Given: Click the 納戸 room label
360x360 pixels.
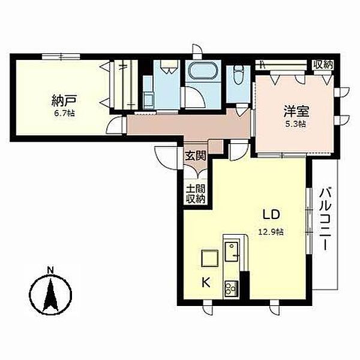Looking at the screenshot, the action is pyautogui.click(x=64, y=101).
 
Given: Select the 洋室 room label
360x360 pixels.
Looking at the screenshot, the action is pyautogui.click(x=296, y=112).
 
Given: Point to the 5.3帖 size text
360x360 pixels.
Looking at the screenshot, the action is pyautogui.click(x=297, y=124).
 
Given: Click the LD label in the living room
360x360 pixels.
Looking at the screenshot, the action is pyautogui.click(x=271, y=215).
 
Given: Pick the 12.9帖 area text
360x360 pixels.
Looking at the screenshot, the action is pyautogui.click(x=271, y=232).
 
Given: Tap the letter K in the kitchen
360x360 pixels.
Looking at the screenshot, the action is pyautogui.click(x=206, y=283).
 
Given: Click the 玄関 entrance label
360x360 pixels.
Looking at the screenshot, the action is pyautogui.click(x=196, y=157).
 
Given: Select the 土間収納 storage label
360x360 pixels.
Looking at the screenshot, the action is pyautogui.click(x=196, y=194).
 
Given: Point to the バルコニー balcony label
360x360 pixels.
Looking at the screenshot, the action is pyautogui.click(x=325, y=219).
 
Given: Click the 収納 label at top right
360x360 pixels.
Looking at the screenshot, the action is pyautogui.click(x=323, y=65).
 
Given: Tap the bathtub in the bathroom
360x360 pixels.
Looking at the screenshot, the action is pyautogui.click(x=203, y=70).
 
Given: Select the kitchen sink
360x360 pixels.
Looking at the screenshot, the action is pyautogui.click(x=232, y=252).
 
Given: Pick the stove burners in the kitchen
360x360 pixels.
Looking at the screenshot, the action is pyautogui.click(x=231, y=289).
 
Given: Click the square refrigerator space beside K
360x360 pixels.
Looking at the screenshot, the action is pyautogui.click(x=209, y=258).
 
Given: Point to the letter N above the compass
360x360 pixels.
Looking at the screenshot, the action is pyautogui.click(x=50, y=271).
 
